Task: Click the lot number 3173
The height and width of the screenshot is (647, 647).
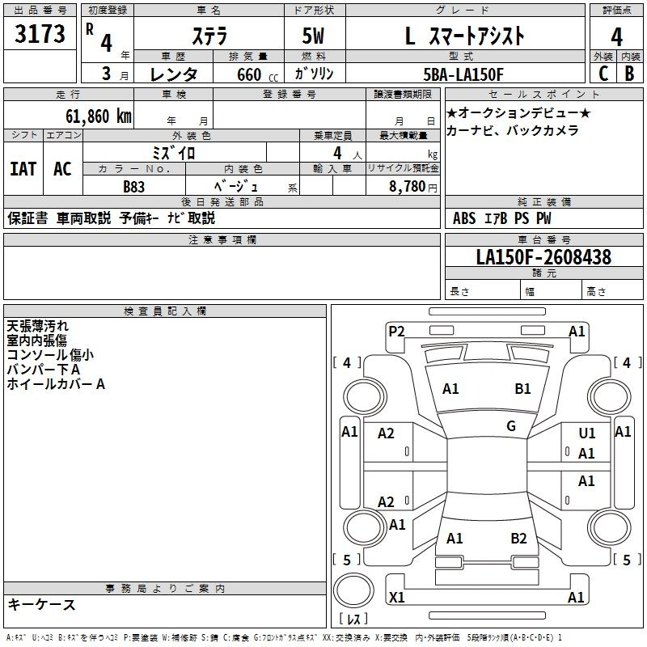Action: (x=40, y=34)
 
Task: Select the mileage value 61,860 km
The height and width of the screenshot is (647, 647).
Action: (x=99, y=116)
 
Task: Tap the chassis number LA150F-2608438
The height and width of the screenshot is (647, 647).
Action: (x=543, y=257)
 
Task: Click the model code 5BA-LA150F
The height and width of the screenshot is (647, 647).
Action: (x=463, y=74)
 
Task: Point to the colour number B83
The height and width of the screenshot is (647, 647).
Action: (x=133, y=187)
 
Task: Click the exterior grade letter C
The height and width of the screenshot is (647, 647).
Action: (x=603, y=74)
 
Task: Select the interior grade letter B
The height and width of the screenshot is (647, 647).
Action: (x=629, y=74)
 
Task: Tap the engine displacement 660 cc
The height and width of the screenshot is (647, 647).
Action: (x=257, y=75)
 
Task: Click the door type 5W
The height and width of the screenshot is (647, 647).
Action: (x=313, y=36)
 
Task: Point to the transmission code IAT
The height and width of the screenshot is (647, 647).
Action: (x=23, y=169)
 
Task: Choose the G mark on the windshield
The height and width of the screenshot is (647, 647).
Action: (x=511, y=426)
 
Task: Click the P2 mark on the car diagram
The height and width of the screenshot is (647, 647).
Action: (x=396, y=332)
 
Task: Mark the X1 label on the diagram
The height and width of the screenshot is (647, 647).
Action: (x=396, y=597)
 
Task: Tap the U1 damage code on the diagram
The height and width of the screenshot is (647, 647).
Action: (x=587, y=433)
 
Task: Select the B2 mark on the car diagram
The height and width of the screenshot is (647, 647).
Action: (x=518, y=539)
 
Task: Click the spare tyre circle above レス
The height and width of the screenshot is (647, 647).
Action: (x=353, y=590)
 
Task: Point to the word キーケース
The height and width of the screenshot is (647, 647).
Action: (x=41, y=604)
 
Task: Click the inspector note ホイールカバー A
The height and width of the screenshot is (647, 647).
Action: (x=56, y=384)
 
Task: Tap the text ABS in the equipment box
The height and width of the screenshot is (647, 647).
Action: (x=464, y=218)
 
